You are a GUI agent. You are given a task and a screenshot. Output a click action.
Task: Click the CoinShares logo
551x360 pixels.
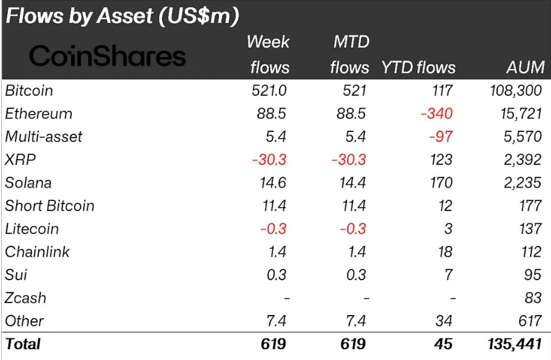107,56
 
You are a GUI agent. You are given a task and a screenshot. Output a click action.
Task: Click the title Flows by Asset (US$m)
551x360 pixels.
122,16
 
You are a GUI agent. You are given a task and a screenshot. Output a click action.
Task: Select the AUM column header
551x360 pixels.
525,67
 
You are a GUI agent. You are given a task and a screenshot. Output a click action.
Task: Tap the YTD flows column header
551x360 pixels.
418,67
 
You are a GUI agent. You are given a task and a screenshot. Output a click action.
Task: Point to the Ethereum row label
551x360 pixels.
38,113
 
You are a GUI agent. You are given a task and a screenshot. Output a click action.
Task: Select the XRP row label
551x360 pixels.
18,160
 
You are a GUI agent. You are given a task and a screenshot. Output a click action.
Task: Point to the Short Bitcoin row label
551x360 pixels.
50,206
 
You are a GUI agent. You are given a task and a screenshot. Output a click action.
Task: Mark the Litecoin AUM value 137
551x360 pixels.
531,229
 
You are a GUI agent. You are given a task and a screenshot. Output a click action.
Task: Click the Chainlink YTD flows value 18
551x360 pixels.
445,252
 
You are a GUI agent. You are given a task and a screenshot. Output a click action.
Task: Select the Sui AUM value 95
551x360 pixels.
534,275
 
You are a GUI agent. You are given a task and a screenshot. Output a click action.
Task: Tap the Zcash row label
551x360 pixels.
25,298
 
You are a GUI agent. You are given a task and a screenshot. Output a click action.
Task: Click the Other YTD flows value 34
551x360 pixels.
444,321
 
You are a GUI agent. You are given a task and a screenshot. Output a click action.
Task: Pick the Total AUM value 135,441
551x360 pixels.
515,344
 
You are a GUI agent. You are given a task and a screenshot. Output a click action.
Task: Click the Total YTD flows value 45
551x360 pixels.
444,344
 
